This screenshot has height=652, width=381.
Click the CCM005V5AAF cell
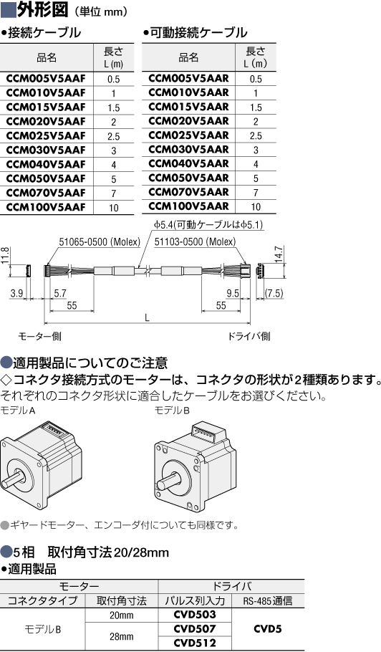tap(46, 79)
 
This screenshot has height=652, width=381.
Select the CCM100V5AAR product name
tap(188, 206)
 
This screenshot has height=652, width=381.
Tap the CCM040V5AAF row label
tap(46, 164)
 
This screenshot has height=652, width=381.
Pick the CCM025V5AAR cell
tap(188, 135)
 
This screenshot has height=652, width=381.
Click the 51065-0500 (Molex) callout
tap(100, 241)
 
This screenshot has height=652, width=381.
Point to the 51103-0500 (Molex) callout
tap(195, 241)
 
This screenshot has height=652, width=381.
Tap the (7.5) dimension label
tap(274, 293)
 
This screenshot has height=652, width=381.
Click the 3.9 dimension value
tap(16, 293)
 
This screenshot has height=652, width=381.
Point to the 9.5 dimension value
tap(233, 293)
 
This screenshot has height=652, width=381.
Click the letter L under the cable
tap(147, 317)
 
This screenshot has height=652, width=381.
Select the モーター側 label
tap(40, 336)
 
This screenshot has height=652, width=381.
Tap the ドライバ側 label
tap(249, 336)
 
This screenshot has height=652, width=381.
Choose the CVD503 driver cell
tap(195, 615)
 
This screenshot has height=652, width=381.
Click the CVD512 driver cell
tap(195, 643)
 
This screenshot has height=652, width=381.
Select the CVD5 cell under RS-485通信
tap(268, 629)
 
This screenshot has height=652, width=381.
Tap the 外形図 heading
tap(42, 10)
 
